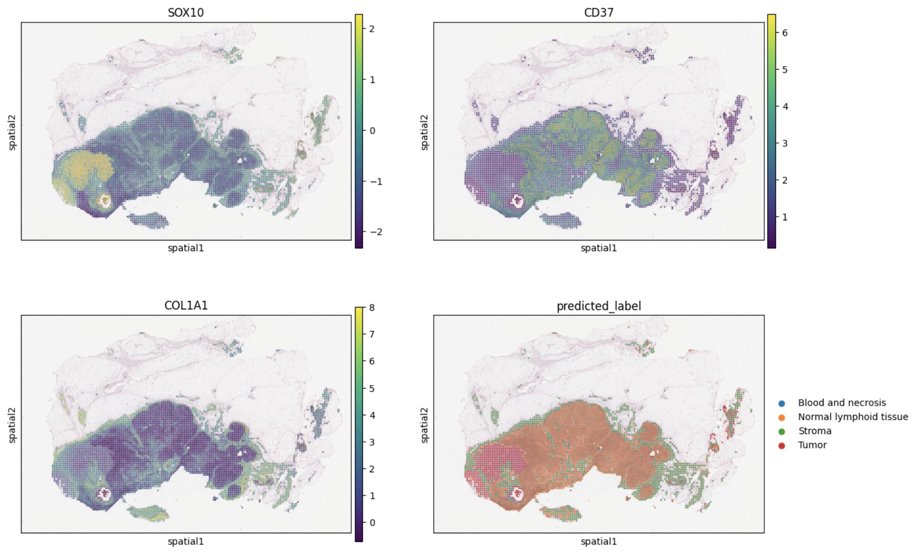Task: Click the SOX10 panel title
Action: pyautogui.click(x=185, y=12)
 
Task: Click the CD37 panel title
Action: pyautogui.click(x=599, y=12)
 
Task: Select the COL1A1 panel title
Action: pyautogui.click(x=185, y=305)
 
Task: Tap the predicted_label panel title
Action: pyautogui.click(x=599, y=306)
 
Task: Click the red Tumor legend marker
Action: pyautogui.click(x=781, y=446)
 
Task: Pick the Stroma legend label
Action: pyautogui.click(x=815, y=431)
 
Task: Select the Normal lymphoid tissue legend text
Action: pyautogui.click(x=853, y=417)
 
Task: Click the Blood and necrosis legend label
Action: pyautogui.click(x=842, y=403)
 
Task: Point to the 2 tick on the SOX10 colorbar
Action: pyautogui.click(x=372, y=29)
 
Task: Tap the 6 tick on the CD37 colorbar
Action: pyautogui.click(x=785, y=33)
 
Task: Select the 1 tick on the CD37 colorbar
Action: pyautogui.click(x=785, y=217)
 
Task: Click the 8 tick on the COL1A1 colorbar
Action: pyautogui.click(x=372, y=307)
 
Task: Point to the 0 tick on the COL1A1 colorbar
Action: pyautogui.click(x=372, y=523)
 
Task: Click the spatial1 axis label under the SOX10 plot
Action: pyautogui.click(x=185, y=248)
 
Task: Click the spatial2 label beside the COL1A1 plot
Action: pyautogui.click(x=12, y=425)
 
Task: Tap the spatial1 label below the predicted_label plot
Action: pyautogui.click(x=599, y=542)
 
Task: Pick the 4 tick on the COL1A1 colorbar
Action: pyautogui.click(x=372, y=415)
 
